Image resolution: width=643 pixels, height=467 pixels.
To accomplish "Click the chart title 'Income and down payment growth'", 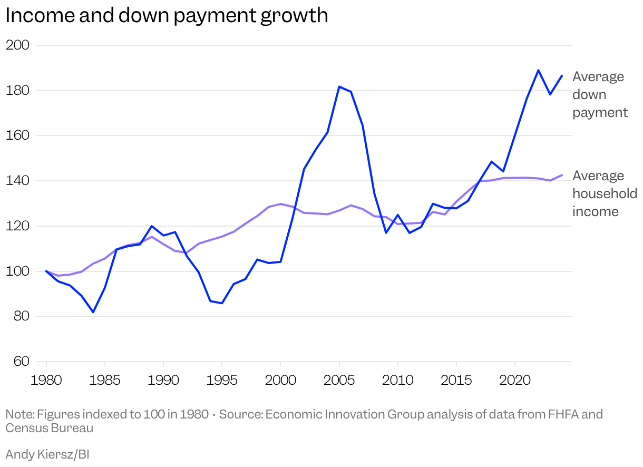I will (167, 15).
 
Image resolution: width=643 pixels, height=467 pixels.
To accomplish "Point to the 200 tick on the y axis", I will (17, 45).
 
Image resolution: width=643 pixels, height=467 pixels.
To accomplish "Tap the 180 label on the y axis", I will (17, 91).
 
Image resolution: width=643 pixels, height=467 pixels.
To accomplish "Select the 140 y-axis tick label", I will (17, 181).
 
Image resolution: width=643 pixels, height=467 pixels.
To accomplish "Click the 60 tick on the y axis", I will (17, 362).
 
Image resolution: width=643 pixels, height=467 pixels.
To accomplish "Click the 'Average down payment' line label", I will (600, 95).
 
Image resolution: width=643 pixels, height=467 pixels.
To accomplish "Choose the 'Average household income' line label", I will (604, 193).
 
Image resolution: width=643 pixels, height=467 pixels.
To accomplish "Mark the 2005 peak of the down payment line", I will (339, 86).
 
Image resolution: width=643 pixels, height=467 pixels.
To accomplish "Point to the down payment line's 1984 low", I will (93, 312).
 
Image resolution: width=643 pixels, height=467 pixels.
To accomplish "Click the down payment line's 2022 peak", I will (538, 70).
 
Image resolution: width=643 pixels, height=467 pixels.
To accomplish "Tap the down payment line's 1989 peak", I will (152, 226).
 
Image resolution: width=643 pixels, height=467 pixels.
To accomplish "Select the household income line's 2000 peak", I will (280, 203).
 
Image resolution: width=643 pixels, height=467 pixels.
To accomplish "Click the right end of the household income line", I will (562, 175).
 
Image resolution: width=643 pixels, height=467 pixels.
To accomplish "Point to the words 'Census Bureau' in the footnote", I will (49, 428).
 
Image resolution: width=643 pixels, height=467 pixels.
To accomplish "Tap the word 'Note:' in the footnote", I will (20, 414).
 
